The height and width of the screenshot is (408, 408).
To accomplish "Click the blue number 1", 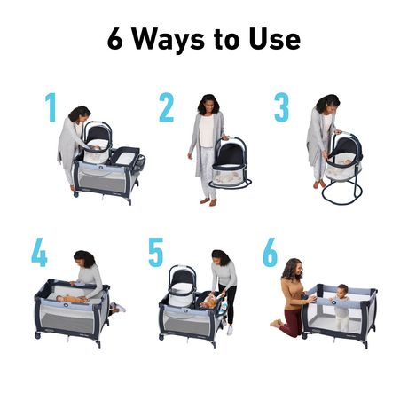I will [50, 106].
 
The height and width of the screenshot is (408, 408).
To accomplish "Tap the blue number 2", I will [166, 107].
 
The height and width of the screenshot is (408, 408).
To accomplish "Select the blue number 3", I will [280, 107].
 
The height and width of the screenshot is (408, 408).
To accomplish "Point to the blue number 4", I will [39, 252].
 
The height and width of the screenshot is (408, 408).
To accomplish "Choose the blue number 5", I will [155, 252].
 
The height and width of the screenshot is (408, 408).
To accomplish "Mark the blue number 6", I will [270, 252].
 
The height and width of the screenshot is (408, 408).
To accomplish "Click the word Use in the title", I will [275, 39].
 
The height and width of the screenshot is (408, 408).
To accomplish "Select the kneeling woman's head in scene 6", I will [293, 266].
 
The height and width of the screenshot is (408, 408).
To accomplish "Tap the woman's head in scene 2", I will [208, 103].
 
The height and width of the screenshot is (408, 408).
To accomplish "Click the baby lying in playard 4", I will [68, 299].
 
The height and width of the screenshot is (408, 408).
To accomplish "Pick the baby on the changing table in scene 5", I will [209, 299].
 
